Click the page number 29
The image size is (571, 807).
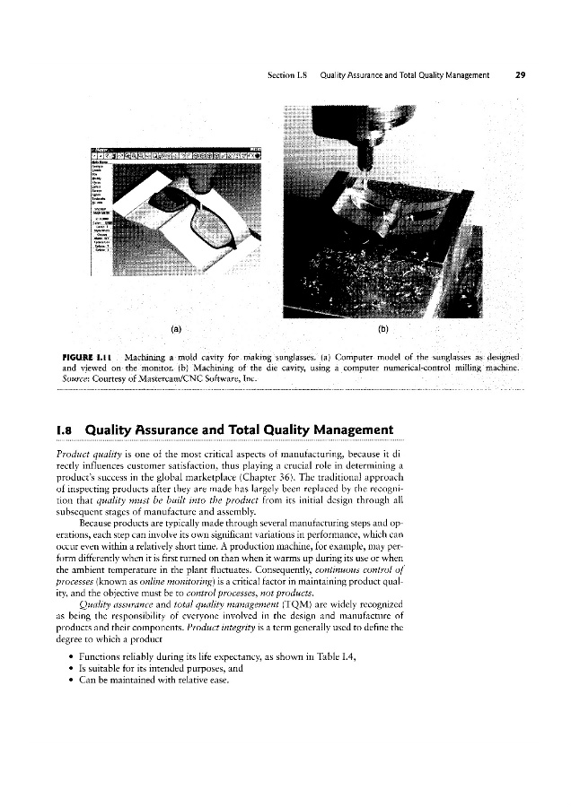(x=520, y=75)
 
